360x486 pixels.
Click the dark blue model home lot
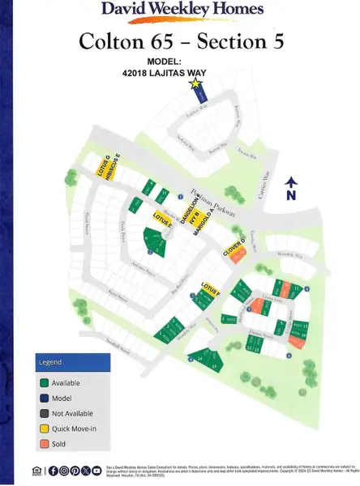(x=196, y=96)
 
